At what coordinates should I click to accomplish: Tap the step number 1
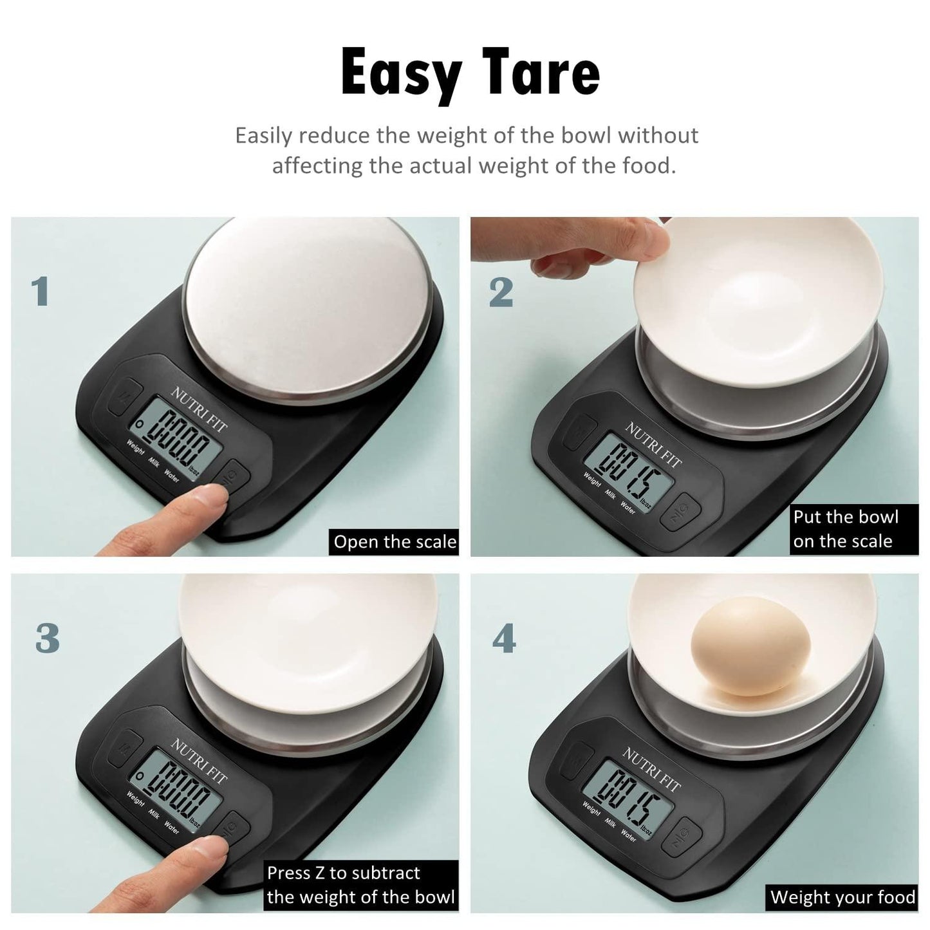coord(41,292)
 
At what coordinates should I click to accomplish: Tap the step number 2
coord(501,292)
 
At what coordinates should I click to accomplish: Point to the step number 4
coord(504,639)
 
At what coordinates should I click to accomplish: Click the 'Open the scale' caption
coord(395,543)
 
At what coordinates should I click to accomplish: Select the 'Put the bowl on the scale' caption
coord(845,529)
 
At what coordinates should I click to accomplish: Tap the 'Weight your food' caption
coord(842,897)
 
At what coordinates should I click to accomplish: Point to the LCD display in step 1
coord(177,442)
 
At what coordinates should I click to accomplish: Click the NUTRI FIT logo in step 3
coord(200,761)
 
